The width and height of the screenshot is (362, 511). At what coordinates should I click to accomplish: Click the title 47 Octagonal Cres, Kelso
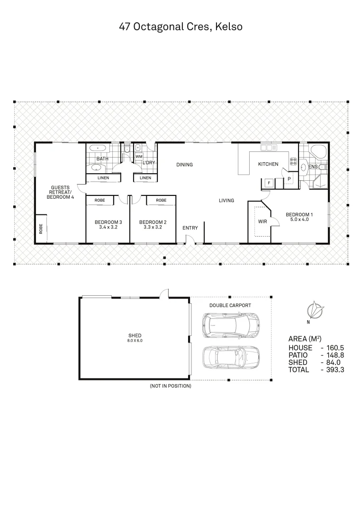point(181,27)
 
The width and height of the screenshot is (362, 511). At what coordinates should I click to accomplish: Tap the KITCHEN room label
point(268,164)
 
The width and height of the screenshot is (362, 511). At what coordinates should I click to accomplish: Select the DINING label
point(184,165)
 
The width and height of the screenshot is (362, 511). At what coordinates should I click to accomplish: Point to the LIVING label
point(226,201)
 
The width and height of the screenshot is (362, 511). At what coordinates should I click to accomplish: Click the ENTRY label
point(190,228)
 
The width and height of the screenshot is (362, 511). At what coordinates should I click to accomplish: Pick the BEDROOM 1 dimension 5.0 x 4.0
point(299,220)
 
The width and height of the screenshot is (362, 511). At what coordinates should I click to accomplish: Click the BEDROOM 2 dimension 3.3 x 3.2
point(153,227)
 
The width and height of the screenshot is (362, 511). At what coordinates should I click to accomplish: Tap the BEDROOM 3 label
point(109,222)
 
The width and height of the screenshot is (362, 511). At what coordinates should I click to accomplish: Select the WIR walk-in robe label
point(262,221)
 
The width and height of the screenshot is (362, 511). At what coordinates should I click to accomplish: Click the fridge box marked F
point(269,182)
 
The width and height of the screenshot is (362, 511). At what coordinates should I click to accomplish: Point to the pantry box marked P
point(289,178)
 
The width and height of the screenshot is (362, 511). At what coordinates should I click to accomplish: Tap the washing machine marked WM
point(139,156)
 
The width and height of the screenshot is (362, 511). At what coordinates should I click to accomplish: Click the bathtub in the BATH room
point(98,148)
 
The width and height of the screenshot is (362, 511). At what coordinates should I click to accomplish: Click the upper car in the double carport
point(230,325)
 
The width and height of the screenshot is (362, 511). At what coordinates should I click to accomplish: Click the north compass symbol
point(314,311)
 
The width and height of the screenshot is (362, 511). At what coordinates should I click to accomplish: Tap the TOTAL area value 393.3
point(335,370)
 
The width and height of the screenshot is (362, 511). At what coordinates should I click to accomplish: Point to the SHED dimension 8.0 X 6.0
point(135,341)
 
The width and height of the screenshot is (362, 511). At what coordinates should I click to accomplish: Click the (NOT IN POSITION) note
point(170,386)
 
